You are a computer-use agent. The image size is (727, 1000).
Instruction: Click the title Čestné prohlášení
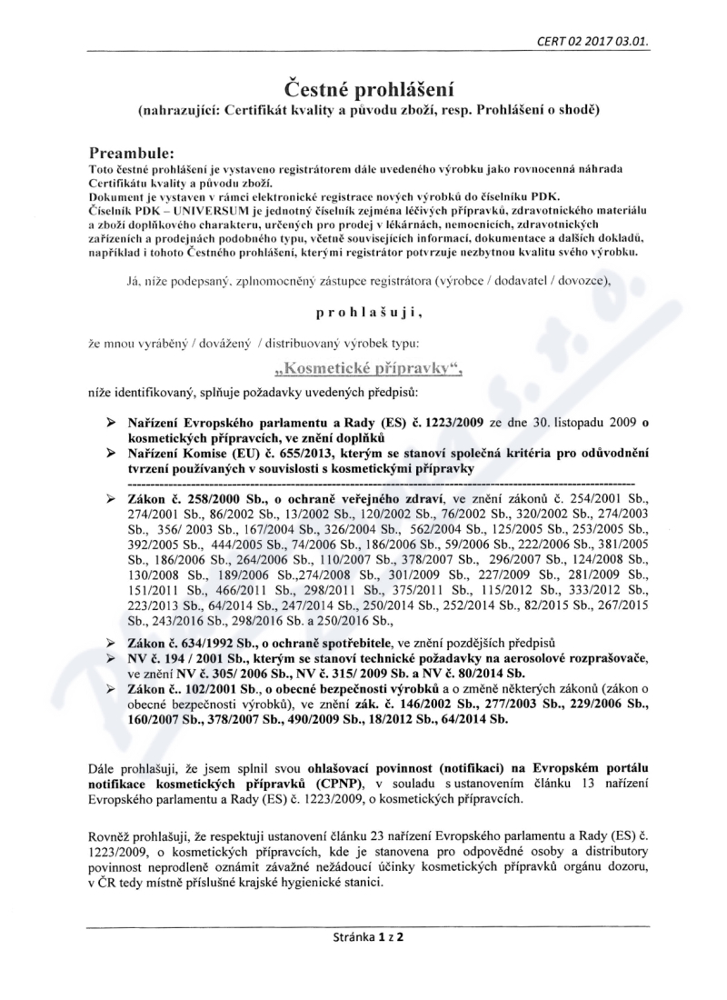point(363,87)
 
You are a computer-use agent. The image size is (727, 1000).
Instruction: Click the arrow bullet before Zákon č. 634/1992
point(111,642)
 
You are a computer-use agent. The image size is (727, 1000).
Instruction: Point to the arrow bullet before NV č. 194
point(111,657)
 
